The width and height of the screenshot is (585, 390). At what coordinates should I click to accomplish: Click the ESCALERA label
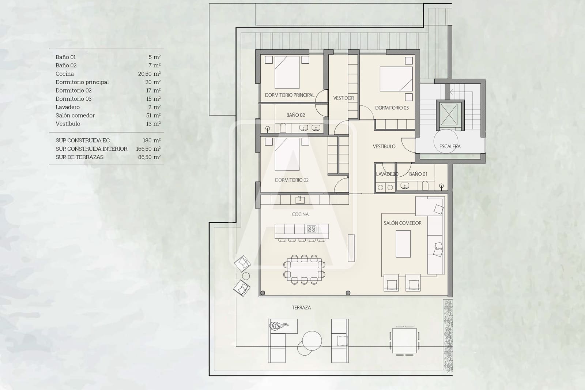(x=450, y=146)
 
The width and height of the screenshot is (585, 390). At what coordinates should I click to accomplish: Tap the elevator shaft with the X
(x=449, y=115)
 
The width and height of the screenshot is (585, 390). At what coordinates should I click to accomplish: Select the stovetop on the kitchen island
(x=312, y=229)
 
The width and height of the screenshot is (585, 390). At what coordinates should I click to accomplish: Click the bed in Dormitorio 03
(x=396, y=79)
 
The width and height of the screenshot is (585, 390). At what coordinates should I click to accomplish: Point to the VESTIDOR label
(x=343, y=98)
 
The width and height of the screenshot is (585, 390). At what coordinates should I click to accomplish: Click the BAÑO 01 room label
(x=418, y=174)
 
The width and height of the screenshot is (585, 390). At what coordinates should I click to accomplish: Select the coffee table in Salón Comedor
(x=403, y=244)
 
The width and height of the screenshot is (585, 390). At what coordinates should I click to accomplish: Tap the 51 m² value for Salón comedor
(x=153, y=116)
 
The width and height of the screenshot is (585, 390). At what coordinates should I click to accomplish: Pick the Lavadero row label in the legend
(x=68, y=107)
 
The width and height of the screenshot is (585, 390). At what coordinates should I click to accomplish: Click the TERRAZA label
(x=301, y=308)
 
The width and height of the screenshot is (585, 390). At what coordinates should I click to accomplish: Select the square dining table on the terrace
(x=404, y=341)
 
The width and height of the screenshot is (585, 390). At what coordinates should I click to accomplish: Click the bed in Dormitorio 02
(x=287, y=154)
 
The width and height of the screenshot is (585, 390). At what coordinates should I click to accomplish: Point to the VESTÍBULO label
(x=384, y=146)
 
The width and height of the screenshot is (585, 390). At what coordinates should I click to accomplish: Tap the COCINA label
(x=300, y=214)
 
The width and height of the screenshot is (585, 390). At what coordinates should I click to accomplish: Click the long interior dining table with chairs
(x=304, y=270)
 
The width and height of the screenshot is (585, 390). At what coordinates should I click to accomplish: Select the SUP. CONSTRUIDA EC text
(x=83, y=140)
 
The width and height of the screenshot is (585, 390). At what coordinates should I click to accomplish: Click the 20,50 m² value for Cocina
(x=149, y=74)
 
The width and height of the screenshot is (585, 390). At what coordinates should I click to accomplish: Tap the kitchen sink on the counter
(x=300, y=199)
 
